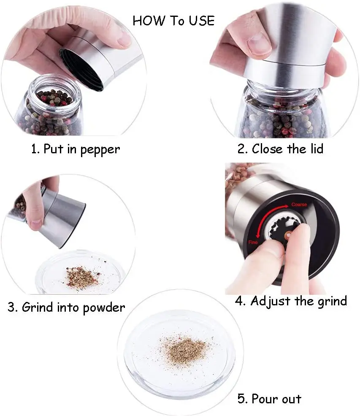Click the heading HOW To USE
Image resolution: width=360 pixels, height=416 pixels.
(173, 21)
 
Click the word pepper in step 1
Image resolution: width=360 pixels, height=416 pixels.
(100, 150)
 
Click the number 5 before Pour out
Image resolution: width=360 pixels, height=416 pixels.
(241, 399)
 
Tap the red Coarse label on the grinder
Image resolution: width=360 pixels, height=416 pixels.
(299, 204)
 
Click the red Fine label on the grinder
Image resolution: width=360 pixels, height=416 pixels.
(253, 242)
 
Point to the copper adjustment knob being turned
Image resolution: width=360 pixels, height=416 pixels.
(287, 235)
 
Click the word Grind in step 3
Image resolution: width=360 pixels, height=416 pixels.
(38, 307)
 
